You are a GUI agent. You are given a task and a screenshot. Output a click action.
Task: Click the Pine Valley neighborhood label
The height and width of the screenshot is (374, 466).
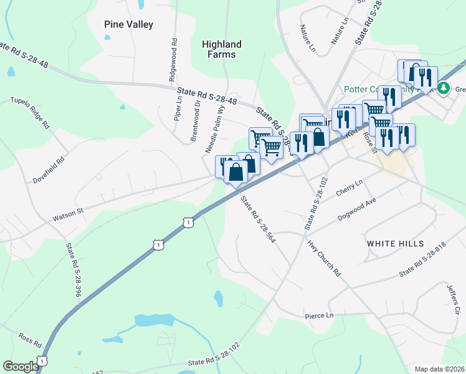pos(128,25)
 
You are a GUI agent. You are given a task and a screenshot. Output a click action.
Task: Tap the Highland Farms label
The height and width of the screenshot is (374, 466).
pos(221,49)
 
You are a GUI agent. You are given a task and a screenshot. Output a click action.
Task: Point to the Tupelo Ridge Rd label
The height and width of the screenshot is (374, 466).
pos(29,112)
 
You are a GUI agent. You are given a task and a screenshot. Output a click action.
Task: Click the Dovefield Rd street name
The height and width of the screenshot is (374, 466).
pos(49,170)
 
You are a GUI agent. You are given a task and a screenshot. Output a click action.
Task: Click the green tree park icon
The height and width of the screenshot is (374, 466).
pos(444,88)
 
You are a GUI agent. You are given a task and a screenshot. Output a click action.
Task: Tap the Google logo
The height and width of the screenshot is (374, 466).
pos(21,367)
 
